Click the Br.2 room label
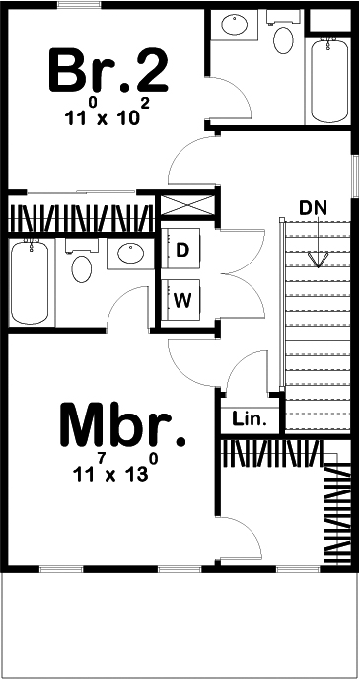click(x=108, y=69)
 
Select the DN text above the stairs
click(x=313, y=208)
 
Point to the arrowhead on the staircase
click(x=317, y=260)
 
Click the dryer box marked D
click(x=182, y=251)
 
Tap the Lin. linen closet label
click(x=250, y=419)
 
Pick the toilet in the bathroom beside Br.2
click(x=284, y=40)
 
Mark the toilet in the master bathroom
click(x=81, y=265)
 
